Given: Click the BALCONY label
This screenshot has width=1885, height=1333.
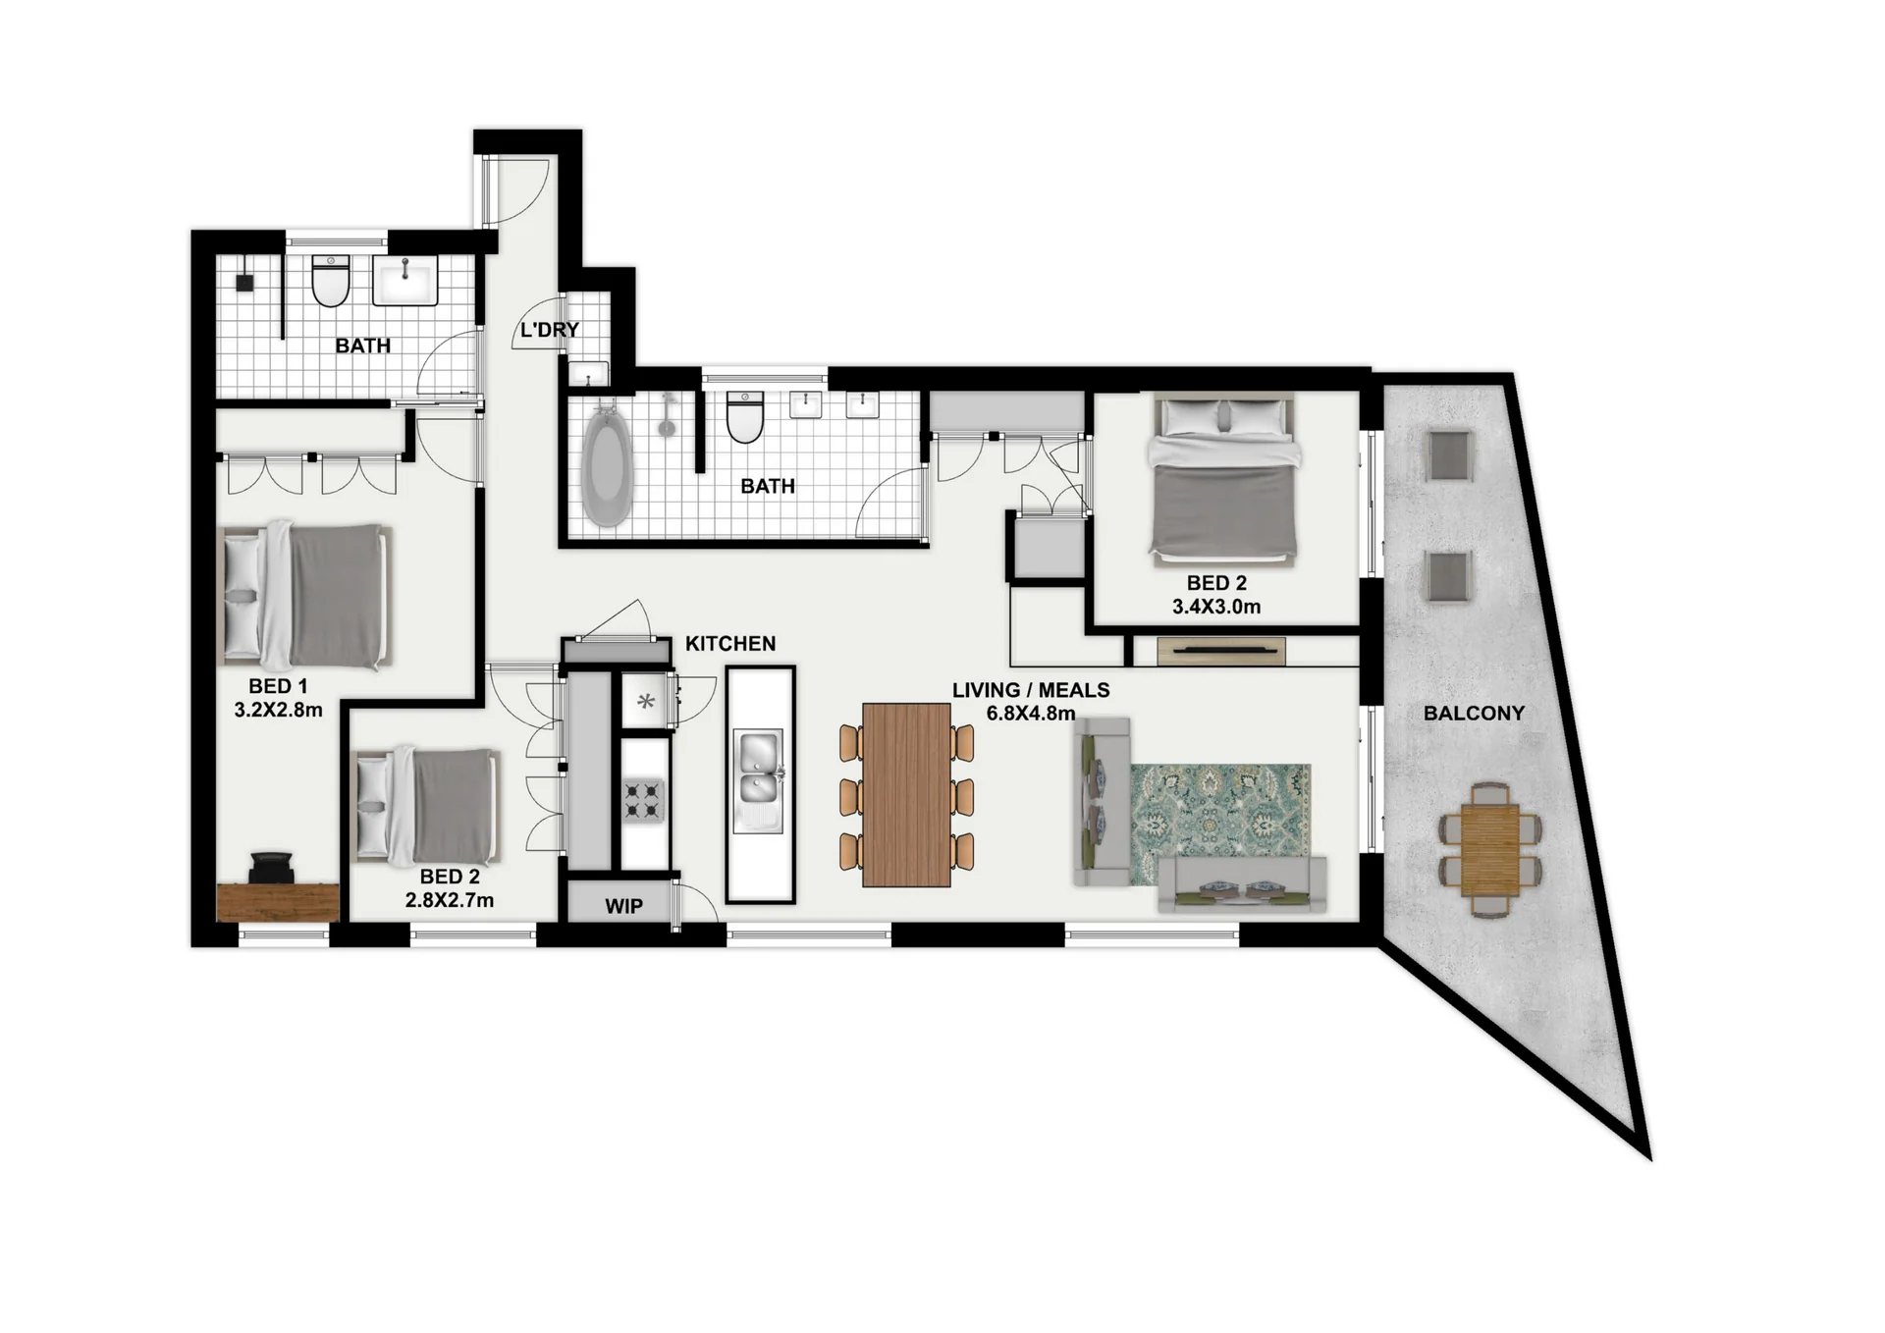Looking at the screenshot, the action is pyautogui.click(x=1474, y=714).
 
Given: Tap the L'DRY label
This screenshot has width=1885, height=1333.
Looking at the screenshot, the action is pyautogui.click(x=549, y=330).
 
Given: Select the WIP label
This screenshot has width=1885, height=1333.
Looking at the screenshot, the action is pyautogui.click(x=623, y=906).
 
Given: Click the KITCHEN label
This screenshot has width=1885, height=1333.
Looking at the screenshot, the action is pyautogui.click(x=730, y=644).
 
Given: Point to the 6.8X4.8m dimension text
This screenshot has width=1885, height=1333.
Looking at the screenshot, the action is pyautogui.click(x=1031, y=714).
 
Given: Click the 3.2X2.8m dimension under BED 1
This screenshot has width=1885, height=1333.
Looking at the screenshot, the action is pyautogui.click(x=278, y=710).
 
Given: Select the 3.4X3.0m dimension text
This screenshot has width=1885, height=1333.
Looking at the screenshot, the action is pyautogui.click(x=1216, y=607).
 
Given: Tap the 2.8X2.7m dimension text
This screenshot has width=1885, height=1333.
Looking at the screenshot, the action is pyautogui.click(x=450, y=900).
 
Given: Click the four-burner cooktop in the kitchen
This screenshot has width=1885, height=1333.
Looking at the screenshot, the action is pyautogui.click(x=643, y=800).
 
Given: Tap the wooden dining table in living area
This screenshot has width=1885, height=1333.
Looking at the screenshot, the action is pyautogui.click(x=906, y=795).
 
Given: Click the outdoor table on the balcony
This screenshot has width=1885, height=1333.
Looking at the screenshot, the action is pyautogui.click(x=1490, y=850).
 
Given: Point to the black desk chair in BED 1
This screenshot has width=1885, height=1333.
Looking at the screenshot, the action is pyautogui.click(x=271, y=868).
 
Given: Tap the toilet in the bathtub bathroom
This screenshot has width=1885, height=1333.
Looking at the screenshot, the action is pyautogui.click(x=745, y=417).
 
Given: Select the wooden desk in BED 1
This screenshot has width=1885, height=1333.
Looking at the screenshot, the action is pyautogui.click(x=278, y=902).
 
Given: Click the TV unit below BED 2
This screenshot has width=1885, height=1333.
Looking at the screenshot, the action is pyautogui.click(x=1221, y=651).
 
